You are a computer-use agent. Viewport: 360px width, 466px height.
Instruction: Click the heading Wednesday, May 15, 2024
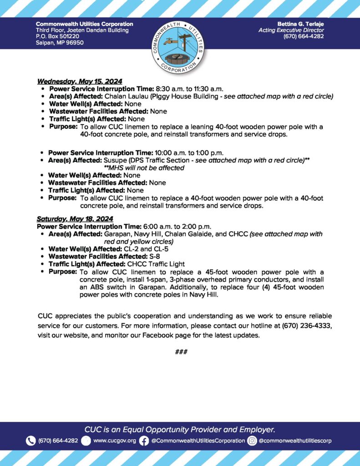pyautogui.click(x=79, y=82)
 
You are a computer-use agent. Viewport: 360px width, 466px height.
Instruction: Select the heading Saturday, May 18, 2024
pyautogui.click(x=75, y=219)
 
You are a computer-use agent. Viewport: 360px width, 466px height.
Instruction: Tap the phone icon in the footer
pyautogui.click(x=31, y=441)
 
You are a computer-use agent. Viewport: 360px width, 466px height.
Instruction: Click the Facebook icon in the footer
pyautogui.click(x=144, y=441)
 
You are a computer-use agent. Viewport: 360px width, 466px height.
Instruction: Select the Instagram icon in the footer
pyautogui.click(x=252, y=441)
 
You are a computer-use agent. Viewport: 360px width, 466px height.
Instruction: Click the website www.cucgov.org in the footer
pyautogui.click(x=114, y=441)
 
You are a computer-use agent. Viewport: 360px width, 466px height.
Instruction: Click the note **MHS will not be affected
pyautogui.click(x=144, y=168)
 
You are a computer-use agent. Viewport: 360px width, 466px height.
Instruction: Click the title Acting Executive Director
pyautogui.click(x=291, y=30)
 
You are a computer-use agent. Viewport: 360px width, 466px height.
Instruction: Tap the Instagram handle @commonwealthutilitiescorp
pyautogui.click(x=295, y=441)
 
